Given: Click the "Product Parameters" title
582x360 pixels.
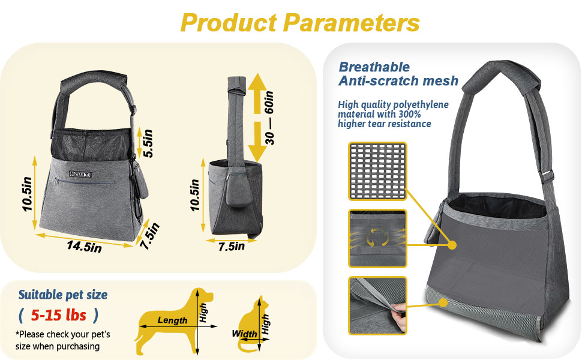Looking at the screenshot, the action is coord(299,23).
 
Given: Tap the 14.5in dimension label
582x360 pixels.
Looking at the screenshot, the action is coord(85,245).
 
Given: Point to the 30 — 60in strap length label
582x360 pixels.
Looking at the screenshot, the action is coord(271,118).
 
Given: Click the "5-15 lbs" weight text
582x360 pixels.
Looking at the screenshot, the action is coord(58,315).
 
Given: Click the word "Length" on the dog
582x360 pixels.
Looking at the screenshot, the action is coord(172,320).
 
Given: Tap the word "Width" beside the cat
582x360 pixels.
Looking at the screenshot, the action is coord(244,334).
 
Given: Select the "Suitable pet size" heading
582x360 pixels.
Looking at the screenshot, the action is coord(63,295).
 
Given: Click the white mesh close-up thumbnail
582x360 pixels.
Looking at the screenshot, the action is coord(377,172).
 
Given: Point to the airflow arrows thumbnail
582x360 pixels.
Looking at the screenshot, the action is coord(377,238).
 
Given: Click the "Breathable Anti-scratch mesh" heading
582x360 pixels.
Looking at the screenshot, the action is coord(398,74).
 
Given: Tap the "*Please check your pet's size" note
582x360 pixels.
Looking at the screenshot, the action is coord(63,340).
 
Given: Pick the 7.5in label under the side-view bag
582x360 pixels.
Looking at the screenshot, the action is coord(231,246).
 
